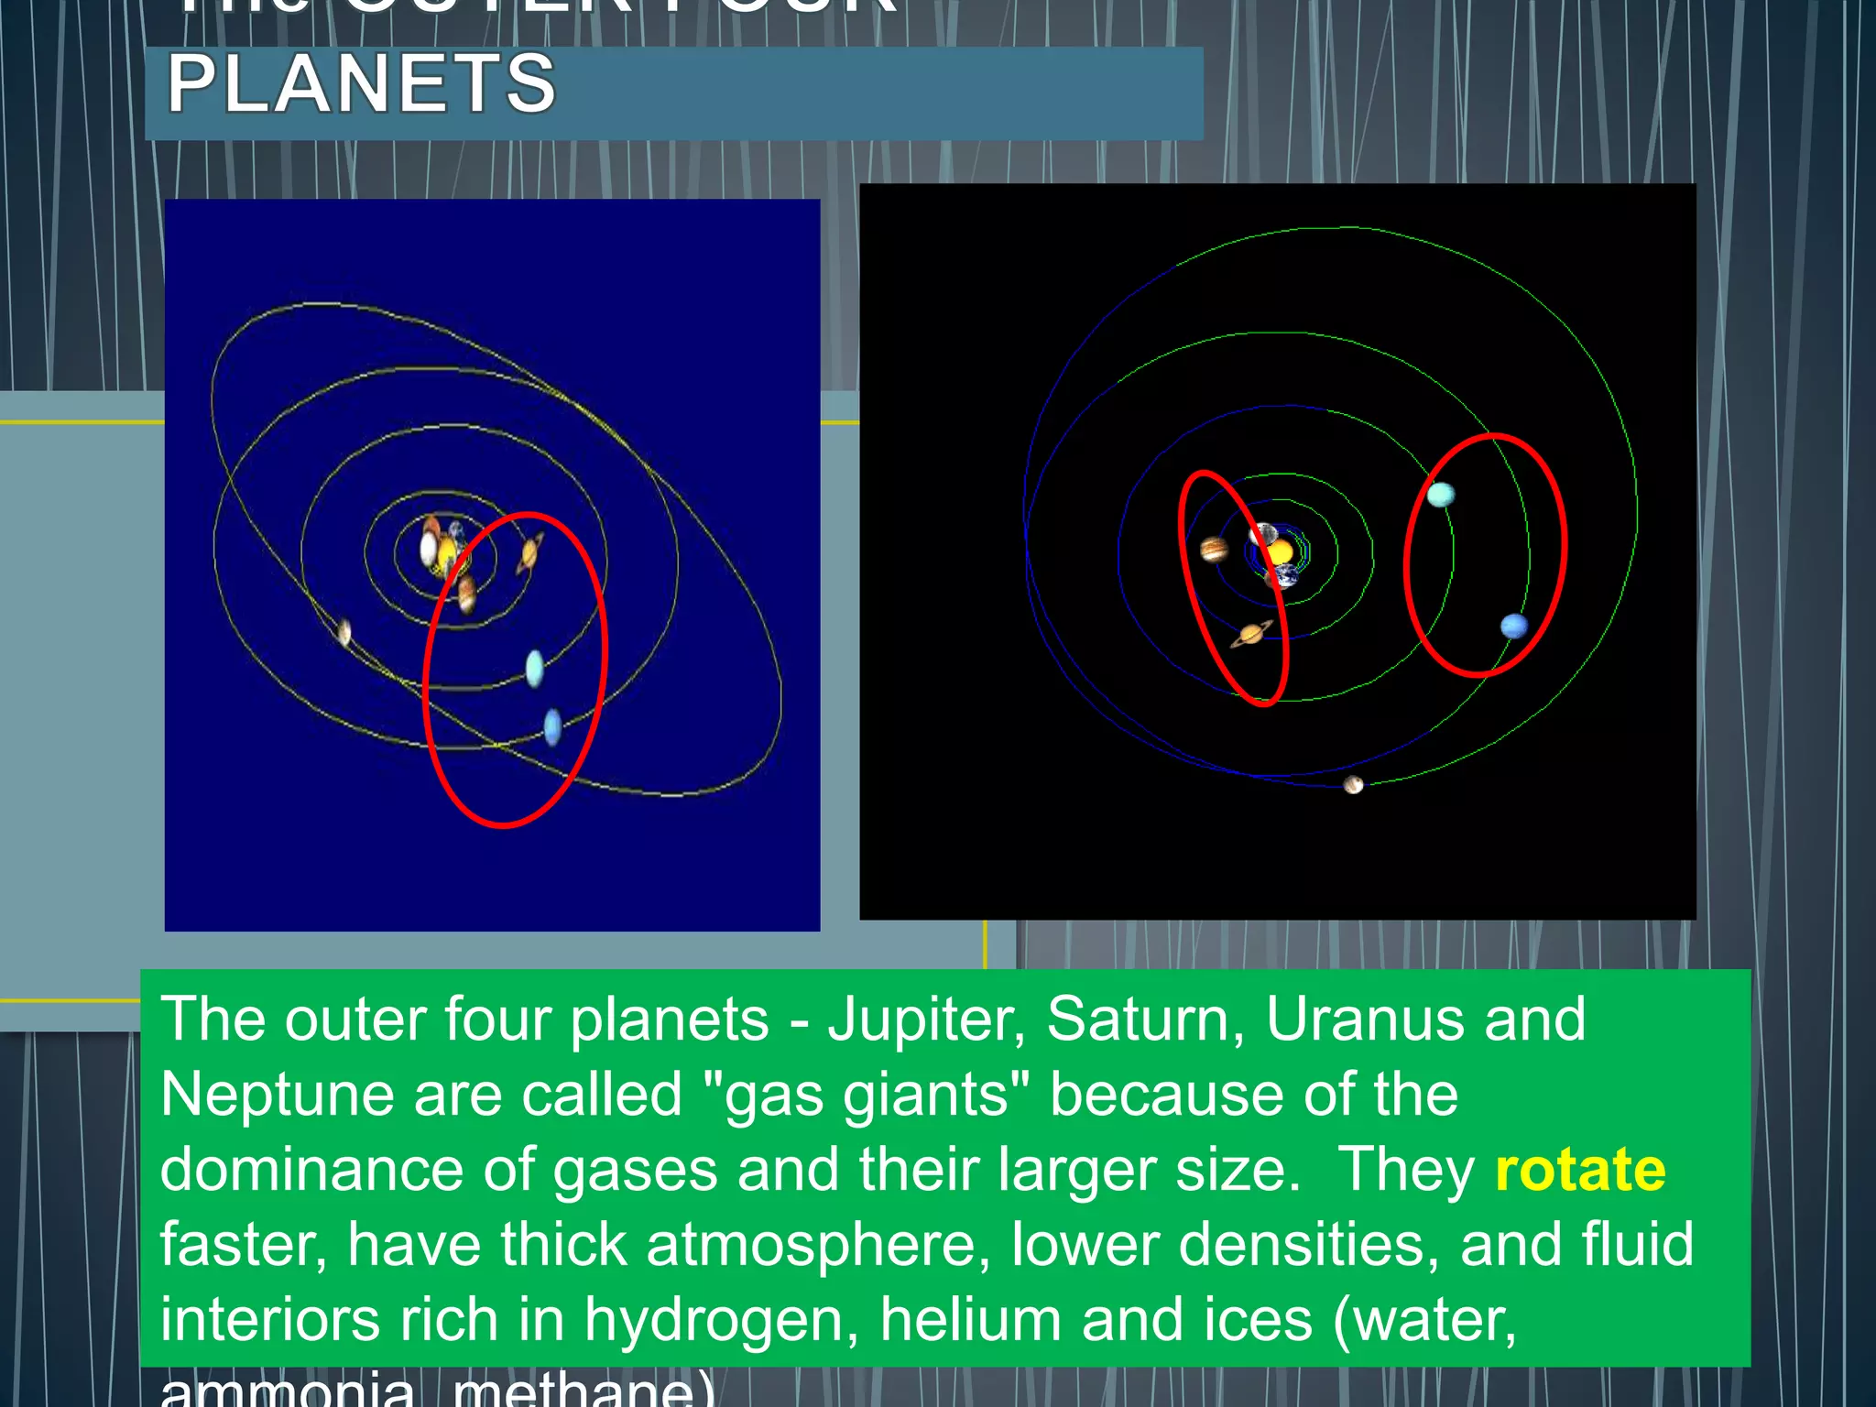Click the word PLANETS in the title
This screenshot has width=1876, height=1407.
362,84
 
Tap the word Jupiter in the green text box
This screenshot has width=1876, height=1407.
925,1020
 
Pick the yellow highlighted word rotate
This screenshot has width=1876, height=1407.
1580,1170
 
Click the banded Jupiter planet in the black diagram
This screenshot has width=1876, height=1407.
1214,550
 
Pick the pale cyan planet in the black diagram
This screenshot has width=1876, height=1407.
1441,495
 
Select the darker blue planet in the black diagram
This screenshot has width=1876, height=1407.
1514,627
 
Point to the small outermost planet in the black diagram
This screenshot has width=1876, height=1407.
1353,785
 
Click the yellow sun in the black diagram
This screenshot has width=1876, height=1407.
1280,552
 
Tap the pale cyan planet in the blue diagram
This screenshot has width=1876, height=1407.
535,668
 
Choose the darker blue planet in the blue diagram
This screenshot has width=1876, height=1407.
552,727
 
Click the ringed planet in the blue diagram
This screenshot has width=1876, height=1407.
529,554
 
